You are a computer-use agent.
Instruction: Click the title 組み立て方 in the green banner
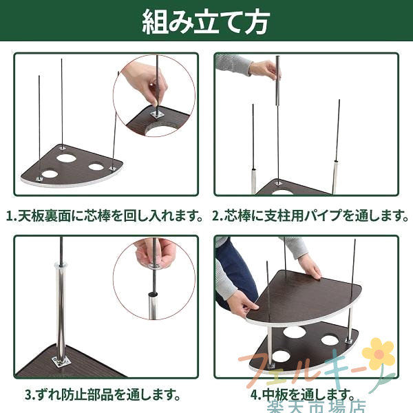(206, 22)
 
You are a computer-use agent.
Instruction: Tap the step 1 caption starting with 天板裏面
(105, 215)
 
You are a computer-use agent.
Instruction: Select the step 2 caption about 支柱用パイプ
(310, 215)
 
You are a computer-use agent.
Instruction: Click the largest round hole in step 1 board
(66, 158)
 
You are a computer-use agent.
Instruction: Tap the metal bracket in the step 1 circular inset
(157, 115)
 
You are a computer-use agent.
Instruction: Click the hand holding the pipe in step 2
(265, 70)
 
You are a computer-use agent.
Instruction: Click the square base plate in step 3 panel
(61, 361)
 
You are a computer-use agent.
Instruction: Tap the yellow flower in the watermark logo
(379, 354)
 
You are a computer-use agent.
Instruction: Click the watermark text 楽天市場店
(316, 406)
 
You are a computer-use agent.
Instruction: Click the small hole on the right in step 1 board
(96, 167)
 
